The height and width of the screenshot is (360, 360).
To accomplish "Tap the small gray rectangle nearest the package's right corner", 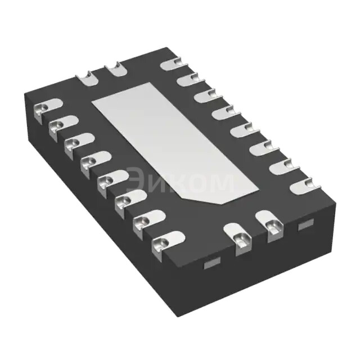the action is click(x=305, y=224).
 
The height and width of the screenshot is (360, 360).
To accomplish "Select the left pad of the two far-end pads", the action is click(x=88, y=78).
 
